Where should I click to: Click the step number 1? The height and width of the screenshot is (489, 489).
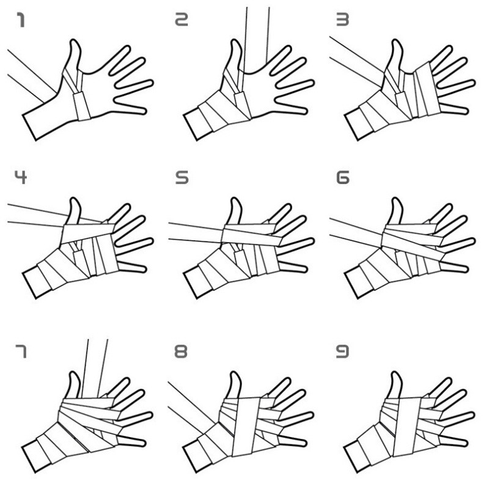21,22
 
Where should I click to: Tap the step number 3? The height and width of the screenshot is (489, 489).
343,22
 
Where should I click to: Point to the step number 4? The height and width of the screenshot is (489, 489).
21,180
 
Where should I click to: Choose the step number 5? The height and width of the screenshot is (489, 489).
182,180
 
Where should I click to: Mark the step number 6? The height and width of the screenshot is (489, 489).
343,180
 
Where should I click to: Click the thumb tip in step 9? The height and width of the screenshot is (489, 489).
395,373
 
